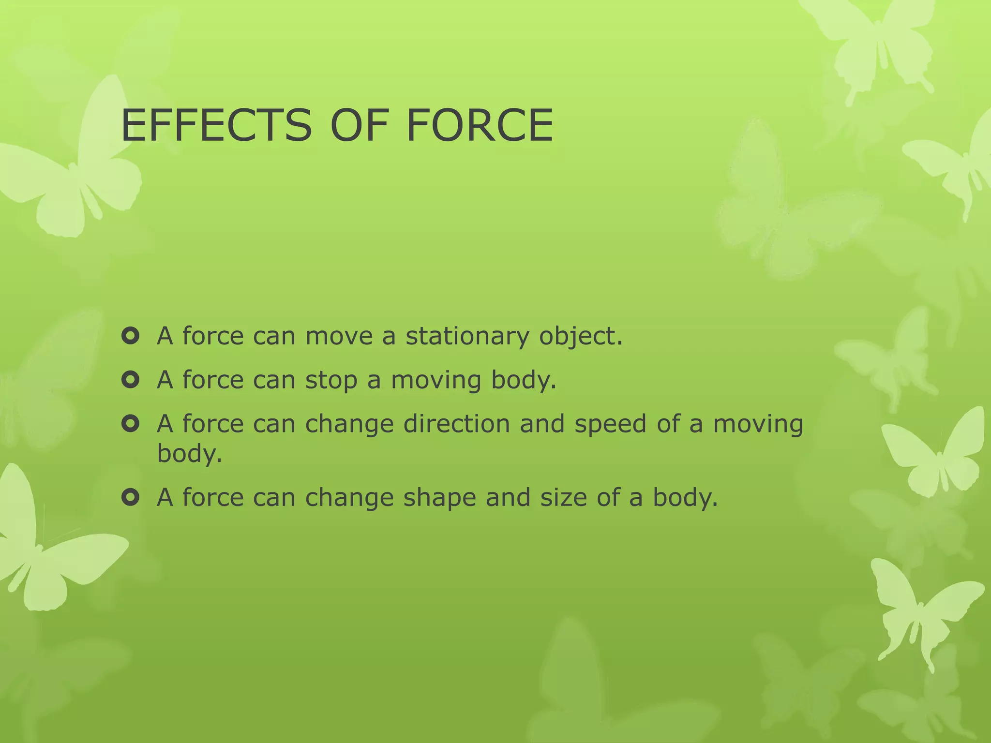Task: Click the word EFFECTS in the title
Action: (x=216, y=126)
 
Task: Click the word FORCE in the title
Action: (x=480, y=126)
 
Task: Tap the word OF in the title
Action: (x=360, y=126)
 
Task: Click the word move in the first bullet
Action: (x=339, y=337)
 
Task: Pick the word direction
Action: (x=456, y=424)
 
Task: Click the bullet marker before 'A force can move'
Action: (x=131, y=336)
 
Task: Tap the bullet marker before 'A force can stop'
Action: (x=131, y=380)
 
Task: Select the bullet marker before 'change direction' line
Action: (x=131, y=424)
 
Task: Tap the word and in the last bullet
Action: (x=508, y=497)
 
